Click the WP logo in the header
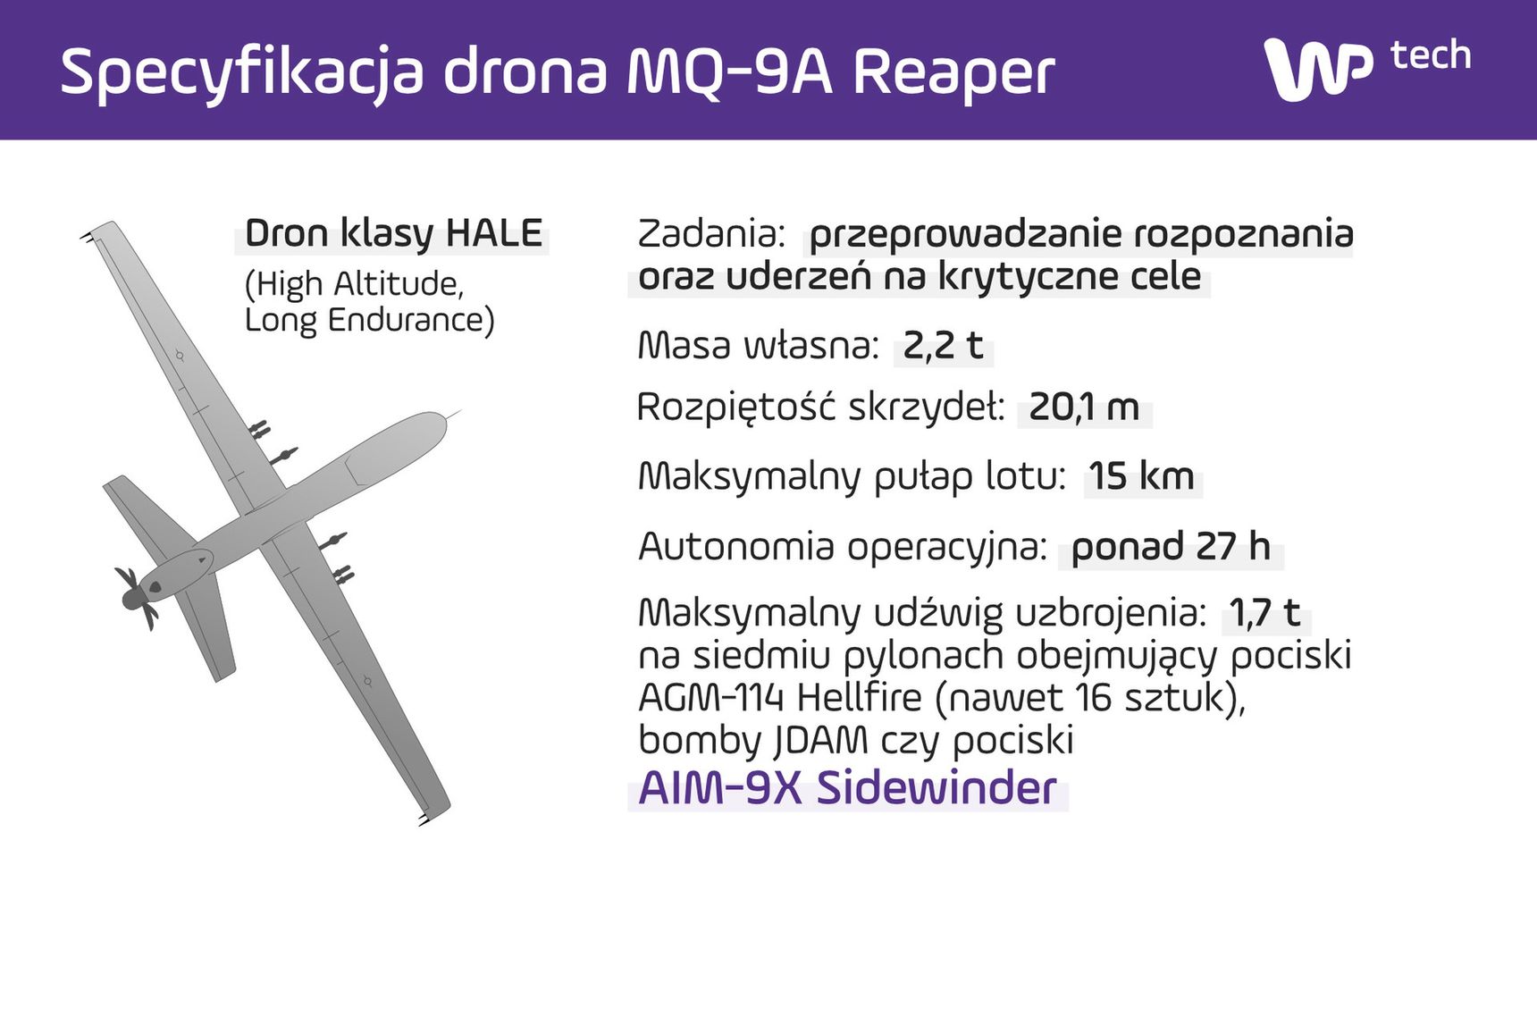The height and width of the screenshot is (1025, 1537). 1318,70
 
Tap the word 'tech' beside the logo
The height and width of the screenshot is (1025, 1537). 1431,55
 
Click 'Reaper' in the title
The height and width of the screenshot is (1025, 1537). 953,73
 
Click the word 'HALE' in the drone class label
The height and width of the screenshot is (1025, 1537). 494,233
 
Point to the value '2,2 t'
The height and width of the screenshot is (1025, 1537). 943,346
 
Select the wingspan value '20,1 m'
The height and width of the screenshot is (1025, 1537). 1084,407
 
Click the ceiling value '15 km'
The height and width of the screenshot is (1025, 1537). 1141,476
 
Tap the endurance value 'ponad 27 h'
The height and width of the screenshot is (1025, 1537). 1171,546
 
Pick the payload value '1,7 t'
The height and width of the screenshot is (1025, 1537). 1264,613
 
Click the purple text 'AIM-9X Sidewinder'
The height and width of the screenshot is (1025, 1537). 847,788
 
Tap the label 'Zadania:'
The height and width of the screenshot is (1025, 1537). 711,234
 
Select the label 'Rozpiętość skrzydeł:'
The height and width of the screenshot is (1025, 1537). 820,408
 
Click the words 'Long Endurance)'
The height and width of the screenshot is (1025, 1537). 369,320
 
